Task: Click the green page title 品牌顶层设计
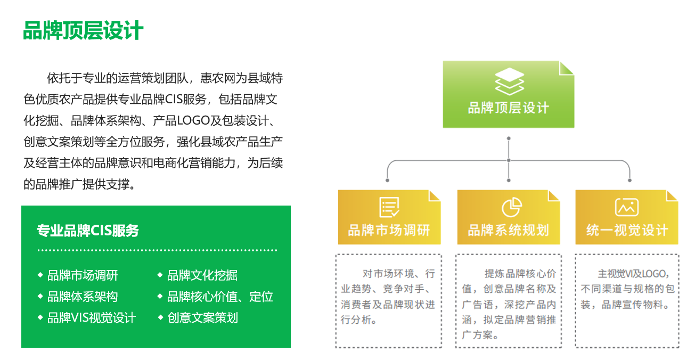click(83, 30)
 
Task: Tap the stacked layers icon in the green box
click(510, 81)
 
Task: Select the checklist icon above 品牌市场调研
click(389, 207)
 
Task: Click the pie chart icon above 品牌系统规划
click(512, 207)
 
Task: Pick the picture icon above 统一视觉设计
click(627, 207)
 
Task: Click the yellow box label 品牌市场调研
click(389, 230)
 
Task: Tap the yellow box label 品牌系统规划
click(509, 230)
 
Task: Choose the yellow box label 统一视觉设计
click(627, 230)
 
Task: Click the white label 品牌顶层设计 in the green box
click(509, 108)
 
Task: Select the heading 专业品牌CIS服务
click(88, 231)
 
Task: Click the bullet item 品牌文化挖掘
click(202, 275)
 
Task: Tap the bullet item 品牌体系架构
click(83, 297)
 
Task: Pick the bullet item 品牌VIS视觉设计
click(92, 318)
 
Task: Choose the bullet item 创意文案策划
click(202, 318)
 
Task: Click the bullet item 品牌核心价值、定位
click(220, 297)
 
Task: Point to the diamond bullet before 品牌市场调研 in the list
click(40, 275)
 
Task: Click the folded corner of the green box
click(567, 68)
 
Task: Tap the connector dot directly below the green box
click(509, 138)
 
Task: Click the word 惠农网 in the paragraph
click(218, 78)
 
